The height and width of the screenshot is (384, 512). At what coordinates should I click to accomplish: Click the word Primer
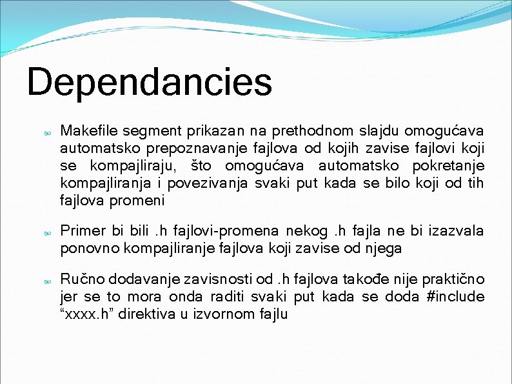(x=82, y=231)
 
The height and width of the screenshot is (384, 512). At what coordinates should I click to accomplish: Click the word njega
(x=384, y=248)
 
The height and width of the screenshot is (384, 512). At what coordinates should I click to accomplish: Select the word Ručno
(x=82, y=279)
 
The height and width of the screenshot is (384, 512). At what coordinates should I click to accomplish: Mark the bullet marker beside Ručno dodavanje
(x=47, y=281)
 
